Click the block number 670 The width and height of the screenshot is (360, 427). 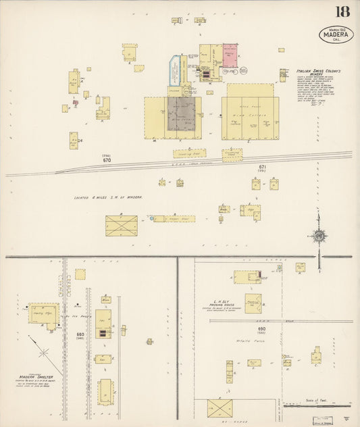click(x=107, y=160)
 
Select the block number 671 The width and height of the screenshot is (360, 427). click(x=263, y=167)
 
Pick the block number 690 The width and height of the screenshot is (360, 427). click(x=262, y=329)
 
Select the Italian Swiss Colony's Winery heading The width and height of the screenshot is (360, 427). click(x=318, y=72)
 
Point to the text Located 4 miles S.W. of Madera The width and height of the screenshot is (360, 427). click(x=108, y=197)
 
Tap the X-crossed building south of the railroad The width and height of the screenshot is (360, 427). click(x=121, y=226)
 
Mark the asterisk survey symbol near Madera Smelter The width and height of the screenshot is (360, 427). click(x=43, y=353)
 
